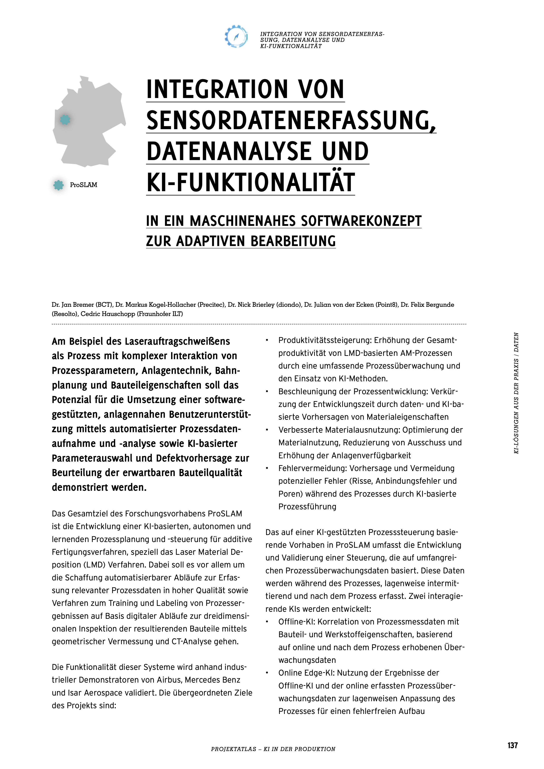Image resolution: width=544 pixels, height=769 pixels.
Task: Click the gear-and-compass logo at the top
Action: [x=236, y=36]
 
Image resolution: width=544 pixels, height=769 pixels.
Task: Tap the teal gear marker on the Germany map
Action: [x=65, y=119]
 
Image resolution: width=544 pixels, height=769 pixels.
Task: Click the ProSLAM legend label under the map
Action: [x=83, y=185]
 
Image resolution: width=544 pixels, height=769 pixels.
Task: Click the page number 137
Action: [x=512, y=745]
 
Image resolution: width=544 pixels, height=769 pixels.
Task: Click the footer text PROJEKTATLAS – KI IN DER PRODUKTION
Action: [x=273, y=749]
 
